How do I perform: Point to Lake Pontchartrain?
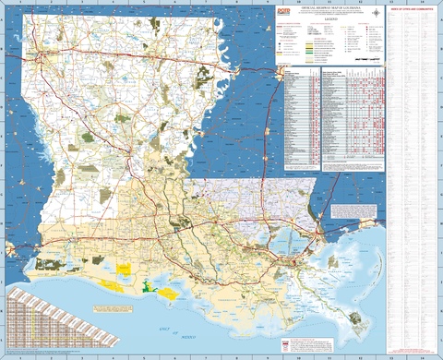tap(299, 238)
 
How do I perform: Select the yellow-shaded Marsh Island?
tap(169, 294)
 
